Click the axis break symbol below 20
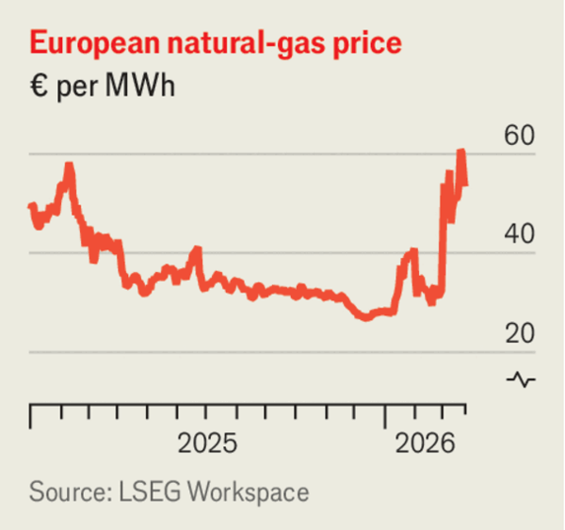pos(521,379)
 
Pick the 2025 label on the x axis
pos(208,442)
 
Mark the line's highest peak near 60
pos(460,152)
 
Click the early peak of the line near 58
pos(69,166)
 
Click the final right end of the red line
pos(465,184)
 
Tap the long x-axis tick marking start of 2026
pos(384,415)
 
